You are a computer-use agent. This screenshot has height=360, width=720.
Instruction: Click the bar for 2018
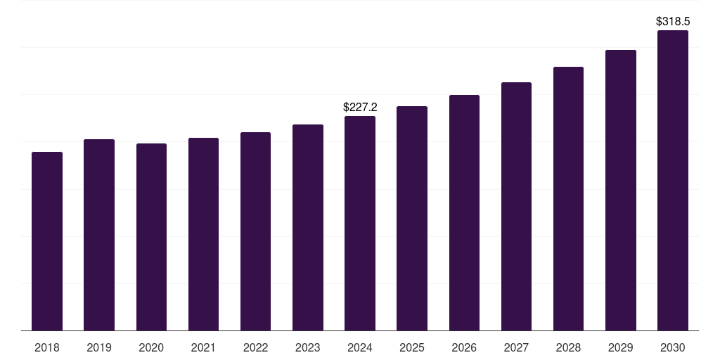pos(47,241)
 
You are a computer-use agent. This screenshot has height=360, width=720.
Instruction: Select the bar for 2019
pos(99,235)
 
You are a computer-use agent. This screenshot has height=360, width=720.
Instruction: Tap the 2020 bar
pos(151,237)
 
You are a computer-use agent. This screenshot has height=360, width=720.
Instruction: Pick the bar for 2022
pos(255,231)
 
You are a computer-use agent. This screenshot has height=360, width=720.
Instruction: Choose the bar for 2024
pos(360,224)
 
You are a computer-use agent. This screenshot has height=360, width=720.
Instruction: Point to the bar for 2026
pos(464,213)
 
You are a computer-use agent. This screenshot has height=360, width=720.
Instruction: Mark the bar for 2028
pos(568,199)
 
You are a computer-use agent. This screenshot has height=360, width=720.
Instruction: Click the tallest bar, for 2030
pos(672,181)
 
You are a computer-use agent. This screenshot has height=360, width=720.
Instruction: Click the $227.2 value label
pos(360,108)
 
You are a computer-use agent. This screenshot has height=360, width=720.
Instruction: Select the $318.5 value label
pos(672,22)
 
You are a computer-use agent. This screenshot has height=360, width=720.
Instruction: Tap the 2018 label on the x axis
pos(47,347)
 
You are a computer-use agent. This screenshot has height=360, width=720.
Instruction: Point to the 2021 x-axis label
pos(203,347)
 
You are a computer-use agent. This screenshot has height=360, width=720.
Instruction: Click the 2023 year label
pos(308,347)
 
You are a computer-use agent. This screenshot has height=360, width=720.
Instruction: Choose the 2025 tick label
pos(412,347)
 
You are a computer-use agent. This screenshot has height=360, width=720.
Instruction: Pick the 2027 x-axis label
pos(516,347)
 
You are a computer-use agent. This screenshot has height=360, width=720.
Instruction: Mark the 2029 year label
pos(620,347)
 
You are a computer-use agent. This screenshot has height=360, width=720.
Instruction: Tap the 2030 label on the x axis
pos(672,347)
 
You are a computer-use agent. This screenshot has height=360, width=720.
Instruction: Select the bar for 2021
pos(203,234)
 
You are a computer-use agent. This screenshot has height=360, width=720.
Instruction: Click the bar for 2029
pos(620,191)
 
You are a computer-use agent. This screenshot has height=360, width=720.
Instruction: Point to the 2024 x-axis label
pos(360,347)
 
